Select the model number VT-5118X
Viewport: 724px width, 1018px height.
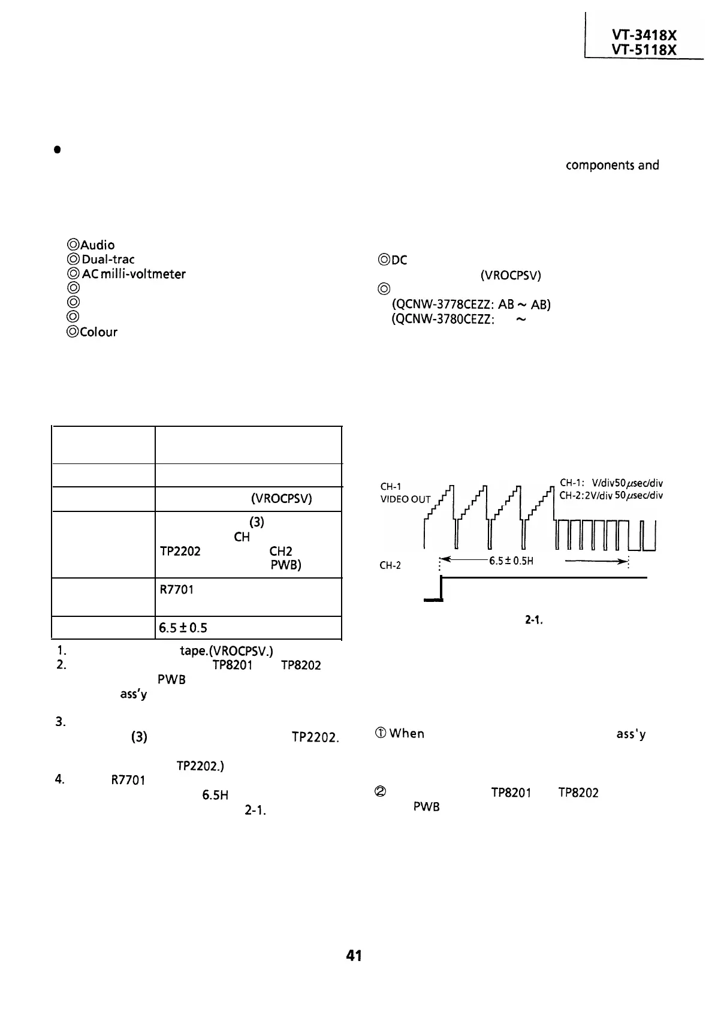[x=644, y=50]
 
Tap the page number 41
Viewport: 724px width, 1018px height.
[x=354, y=956]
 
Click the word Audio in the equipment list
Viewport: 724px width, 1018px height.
[x=98, y=245]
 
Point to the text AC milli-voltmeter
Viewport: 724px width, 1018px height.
[x=134, y=274]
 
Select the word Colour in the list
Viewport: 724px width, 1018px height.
[x=98, y=332]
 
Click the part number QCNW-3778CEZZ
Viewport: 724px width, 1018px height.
[x=442, y=305]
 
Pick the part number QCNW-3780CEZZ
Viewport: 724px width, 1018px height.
[x=442, y=320]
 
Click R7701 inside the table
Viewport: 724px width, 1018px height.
[x=176, y=590]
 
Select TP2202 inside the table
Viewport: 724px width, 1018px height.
[x=180, y=552]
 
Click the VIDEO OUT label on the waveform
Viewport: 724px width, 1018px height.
[x=405, y=499]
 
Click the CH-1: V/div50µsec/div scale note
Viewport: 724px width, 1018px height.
[x=611, y=483]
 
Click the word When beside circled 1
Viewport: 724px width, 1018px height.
[x=406, y=734]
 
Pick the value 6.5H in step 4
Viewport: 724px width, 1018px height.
[x=215, y=796]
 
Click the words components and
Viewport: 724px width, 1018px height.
[x=612, y=165]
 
